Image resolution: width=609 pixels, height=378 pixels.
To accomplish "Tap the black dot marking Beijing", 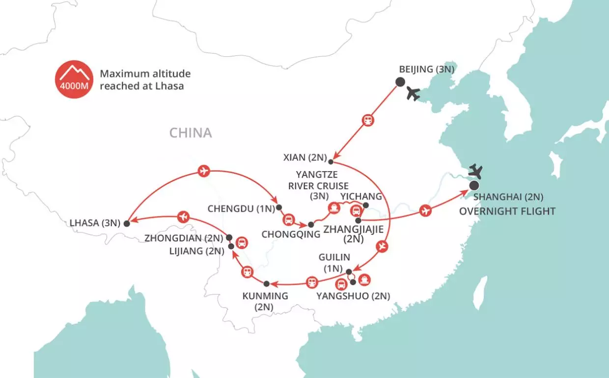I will (x=400, y=82).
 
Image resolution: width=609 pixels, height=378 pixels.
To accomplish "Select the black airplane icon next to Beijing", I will (x=413, y=94).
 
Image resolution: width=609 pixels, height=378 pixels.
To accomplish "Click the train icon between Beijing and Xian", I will (x=367, y=120).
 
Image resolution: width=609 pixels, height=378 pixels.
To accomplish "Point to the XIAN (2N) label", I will (x=304, y=158).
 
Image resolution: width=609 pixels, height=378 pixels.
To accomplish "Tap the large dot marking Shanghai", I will (x=474, y=185).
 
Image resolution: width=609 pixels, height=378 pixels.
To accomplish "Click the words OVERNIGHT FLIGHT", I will (x=507, y=211).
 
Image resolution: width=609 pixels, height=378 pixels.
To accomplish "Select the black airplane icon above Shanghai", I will (x=476, y=172).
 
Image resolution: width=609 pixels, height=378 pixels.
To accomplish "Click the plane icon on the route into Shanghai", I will (x=425, y=211).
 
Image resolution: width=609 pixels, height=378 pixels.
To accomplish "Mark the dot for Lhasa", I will (x=127, y=223).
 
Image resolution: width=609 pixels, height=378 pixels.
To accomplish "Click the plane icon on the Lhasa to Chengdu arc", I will (x=203, y=171).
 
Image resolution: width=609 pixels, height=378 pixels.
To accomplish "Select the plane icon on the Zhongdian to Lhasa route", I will (x=184, y=216).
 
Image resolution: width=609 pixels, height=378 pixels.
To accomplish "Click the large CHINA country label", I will (x=191, y=133).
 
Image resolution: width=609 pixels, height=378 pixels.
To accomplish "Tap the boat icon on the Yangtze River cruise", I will (x=334, y=208).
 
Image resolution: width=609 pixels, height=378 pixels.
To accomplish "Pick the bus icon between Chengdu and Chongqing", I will (x=289, y=220).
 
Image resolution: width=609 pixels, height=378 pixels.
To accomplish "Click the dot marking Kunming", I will (x=266, y=284).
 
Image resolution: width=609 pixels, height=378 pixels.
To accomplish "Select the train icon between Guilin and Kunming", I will (x=311, y=282).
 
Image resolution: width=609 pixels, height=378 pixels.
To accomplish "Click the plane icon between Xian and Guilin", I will (x=383, y=247).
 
